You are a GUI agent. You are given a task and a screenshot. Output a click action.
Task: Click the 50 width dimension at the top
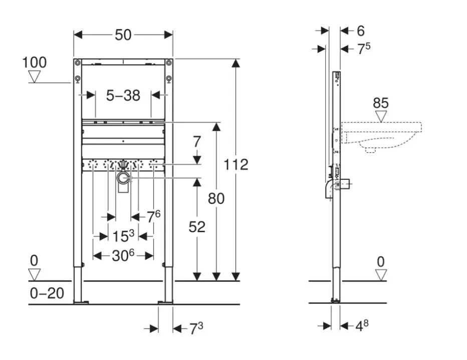(123, 35)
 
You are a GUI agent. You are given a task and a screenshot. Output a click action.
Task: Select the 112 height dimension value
(236, 164)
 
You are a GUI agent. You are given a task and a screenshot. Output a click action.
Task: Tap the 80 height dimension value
(216, 198)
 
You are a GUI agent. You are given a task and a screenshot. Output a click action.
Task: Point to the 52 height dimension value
(197, 227)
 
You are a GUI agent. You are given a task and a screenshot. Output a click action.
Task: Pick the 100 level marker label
(34, 63)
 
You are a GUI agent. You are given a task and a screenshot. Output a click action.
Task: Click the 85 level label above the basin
(381, 104)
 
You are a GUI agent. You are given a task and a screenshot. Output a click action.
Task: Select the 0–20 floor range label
(47, 292)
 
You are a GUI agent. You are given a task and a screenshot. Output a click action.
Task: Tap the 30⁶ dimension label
(123, 255)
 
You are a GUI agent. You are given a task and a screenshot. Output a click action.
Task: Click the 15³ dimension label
(123, 236)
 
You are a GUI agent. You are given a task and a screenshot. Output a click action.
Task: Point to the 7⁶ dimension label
(153, 216)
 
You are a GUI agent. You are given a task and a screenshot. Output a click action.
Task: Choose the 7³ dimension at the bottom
(195, 328)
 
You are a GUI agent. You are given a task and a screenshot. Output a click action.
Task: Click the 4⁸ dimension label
(362, 326)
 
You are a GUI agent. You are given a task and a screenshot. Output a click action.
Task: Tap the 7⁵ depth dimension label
(363, 49)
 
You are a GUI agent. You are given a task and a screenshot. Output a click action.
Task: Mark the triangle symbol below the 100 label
(35, 77)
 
